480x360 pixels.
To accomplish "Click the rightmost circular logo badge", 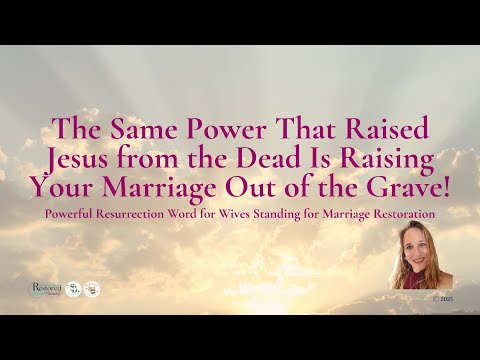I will [x=92, y=289].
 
